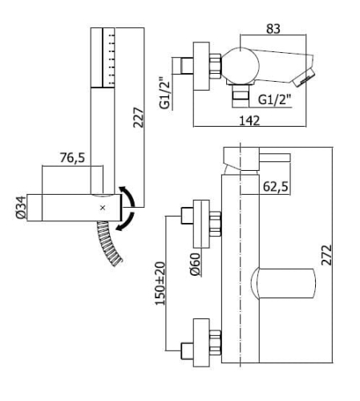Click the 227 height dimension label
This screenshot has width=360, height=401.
point(139,117)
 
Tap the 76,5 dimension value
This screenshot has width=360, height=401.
point(72,157)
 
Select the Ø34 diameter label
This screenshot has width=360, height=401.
point(21,207)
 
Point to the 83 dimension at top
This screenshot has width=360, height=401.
point(273,29)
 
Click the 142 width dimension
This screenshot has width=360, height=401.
point(249,120)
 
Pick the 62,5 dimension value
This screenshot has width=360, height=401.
point(276,186)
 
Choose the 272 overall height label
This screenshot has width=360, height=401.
point(326,255)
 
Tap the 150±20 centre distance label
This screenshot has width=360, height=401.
point(160,283)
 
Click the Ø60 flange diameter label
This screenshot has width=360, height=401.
point(195,265)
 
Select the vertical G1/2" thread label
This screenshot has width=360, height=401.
point(165,93)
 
